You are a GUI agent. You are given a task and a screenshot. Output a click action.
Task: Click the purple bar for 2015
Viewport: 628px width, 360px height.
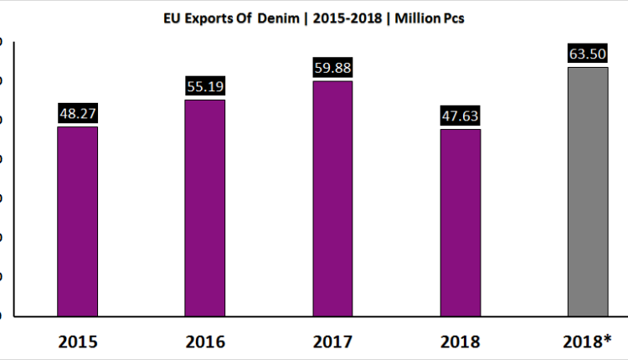click(x=78, y=221)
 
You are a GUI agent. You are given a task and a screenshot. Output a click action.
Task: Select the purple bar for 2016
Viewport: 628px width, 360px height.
click(x=205, y=208)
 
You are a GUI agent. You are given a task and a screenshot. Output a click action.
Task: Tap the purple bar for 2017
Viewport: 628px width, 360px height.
click(x=332, y=198)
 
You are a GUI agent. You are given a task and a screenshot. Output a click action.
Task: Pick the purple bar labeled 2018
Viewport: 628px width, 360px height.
click(x=461, y=223)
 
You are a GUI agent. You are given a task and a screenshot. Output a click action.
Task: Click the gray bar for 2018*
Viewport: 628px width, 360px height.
click(x=588, y=191)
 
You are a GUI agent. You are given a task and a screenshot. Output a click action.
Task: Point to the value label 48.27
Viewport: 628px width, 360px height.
click(x=78, y=113)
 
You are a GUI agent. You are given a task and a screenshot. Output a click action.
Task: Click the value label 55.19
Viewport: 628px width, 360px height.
click(x=205, y=86)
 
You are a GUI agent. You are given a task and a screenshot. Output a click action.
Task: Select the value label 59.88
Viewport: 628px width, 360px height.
click(x=332, y=68)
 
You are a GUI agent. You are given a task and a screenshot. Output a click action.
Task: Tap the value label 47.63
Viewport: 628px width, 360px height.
click(x=461, y=116)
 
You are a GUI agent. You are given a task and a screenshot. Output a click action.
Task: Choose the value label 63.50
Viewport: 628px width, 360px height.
click(x=588, y=54)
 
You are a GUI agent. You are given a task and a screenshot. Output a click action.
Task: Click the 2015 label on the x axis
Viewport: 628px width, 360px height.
click(x=78, y=341)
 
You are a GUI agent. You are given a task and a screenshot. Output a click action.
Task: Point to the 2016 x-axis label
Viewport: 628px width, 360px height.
click(x=205, y=341)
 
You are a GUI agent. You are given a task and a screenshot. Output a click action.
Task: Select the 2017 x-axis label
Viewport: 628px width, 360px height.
click(x=332, y=341)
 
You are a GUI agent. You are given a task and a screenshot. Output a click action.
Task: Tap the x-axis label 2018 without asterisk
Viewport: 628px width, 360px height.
click(x=461, y=341)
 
